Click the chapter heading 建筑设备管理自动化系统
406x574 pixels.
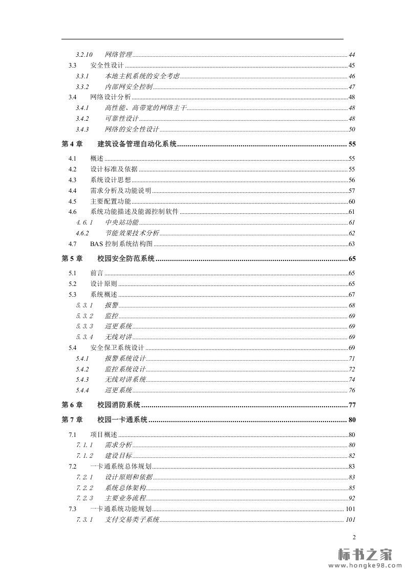click(137, 144)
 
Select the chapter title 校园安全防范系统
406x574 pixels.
click(126, 259)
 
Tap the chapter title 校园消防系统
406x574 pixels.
click(119, 405)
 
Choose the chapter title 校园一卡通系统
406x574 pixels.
click(122, 420)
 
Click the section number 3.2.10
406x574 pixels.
click(84, 55)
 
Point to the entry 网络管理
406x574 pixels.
click(118, 55)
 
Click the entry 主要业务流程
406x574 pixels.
click(125, 498)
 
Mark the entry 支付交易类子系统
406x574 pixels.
click(132, 520)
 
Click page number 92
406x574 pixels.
click(352, 498)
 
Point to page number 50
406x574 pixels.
click(352, 129)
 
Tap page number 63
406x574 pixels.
click(352, 245)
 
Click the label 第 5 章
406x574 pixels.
click(72, 259)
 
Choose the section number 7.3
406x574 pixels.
click(73, 509)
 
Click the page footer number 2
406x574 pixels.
click(354, 537)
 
